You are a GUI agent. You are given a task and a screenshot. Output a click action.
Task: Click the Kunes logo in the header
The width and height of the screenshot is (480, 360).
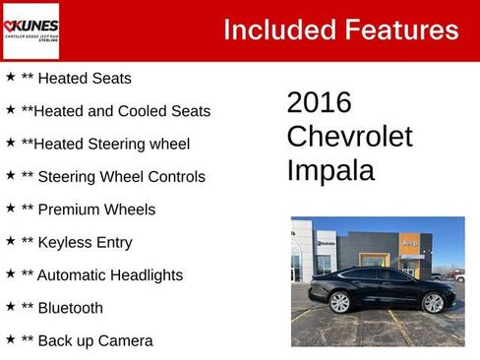tap(31, 30)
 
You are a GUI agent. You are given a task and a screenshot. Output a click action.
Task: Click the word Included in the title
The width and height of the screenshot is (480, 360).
tap(276, 30)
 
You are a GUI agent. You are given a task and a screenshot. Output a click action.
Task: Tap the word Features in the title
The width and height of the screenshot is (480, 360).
tap(399, 30)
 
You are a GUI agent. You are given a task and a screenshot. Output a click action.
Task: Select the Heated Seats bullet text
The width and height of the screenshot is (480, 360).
tap(83, 78)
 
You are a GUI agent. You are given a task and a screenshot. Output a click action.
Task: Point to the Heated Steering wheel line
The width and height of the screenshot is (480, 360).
tap(105, 144)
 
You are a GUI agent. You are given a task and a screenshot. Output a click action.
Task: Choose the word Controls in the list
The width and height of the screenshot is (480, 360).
tap(172, 177)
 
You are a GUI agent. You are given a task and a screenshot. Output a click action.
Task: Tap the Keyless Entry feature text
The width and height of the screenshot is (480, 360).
tap(84, 242)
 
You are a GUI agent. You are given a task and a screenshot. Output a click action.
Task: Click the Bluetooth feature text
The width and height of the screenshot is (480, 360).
tap(70, 308)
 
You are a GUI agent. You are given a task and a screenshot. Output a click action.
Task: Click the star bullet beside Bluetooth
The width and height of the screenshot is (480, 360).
tap(10, 306)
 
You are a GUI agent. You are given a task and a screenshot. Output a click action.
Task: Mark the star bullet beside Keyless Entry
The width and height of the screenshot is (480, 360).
tap(10, 240)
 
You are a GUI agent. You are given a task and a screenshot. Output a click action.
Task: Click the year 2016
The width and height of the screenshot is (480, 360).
tap(319, 102)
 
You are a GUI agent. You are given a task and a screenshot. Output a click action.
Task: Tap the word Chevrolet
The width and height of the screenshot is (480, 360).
tap(349, 136)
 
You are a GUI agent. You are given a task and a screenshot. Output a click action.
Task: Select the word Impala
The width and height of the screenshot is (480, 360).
tap(330, 170)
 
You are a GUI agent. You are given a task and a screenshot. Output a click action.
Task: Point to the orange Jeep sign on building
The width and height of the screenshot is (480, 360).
tap(409, 243)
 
